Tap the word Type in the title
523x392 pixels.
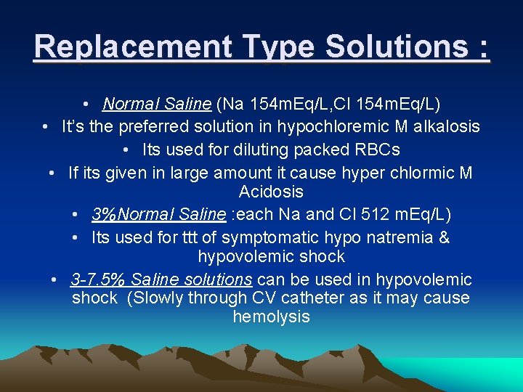tap(275, 47)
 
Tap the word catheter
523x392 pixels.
tap(318, 298)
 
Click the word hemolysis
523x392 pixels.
tap(271, 317)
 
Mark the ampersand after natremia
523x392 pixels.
tap(445, 237)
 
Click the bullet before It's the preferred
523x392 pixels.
tap(45, 127)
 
